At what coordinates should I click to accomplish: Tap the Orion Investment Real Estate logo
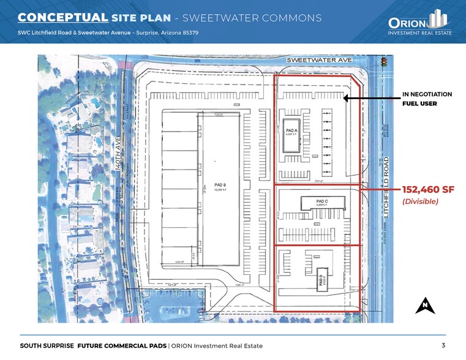[420, 23]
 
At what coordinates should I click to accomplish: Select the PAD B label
[220, 185]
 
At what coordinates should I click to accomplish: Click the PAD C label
[322, 201]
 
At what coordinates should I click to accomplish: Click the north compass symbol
[424, 305]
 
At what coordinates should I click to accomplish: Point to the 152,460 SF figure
[428, 189]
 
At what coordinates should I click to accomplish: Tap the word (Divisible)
[419, 201]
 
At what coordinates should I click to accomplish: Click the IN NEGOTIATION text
[427, 94]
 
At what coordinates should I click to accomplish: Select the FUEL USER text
[419, 104]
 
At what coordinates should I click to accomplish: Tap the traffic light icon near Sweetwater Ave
[385, 62]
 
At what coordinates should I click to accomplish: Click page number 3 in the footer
[443, 345]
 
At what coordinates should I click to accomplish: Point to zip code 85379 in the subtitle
[189, 32]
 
